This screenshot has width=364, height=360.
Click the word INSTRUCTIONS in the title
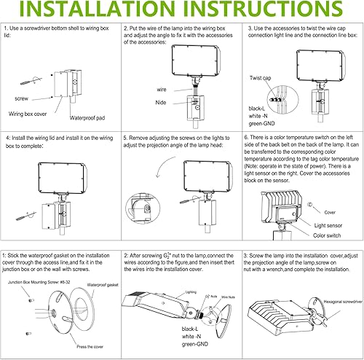pos(270,13)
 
